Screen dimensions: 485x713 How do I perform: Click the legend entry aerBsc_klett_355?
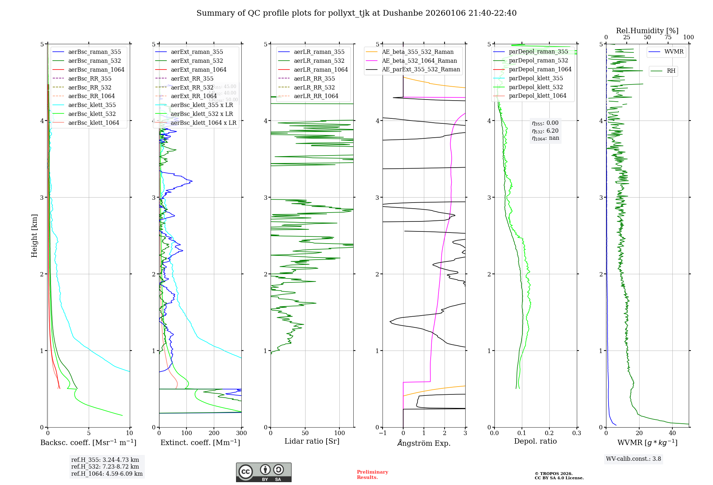click(92, 105)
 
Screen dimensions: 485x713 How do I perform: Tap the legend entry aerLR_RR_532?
click(314, 87)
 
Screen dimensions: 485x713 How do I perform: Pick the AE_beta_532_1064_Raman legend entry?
click(419, 61)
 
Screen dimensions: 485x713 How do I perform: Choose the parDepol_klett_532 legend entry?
click(535, 87)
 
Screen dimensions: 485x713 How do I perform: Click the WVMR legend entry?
click(673, 52)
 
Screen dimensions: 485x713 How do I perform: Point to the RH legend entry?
click(671, 71)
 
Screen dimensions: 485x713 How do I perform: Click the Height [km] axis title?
click(34, 236)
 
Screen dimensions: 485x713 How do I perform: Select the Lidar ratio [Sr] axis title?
click(312, 441)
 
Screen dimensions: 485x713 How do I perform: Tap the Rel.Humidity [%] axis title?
click(647, 31)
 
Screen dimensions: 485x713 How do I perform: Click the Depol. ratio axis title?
click(535, 441)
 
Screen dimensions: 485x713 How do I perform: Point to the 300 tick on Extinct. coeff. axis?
click(241, 433)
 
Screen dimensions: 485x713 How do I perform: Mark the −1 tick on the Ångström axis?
click(383, 433)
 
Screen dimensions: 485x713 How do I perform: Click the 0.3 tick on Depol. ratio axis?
click(576, 433)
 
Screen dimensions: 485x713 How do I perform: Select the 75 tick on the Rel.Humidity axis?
click(668, 37)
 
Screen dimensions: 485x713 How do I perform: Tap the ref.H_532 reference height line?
click(105, 466)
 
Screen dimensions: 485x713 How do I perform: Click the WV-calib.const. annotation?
click(633, 459)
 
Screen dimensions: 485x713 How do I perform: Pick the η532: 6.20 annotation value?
click(545, 131)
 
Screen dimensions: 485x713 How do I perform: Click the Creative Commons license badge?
click(263, 472)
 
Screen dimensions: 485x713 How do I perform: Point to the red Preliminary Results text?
click(372, 474)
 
